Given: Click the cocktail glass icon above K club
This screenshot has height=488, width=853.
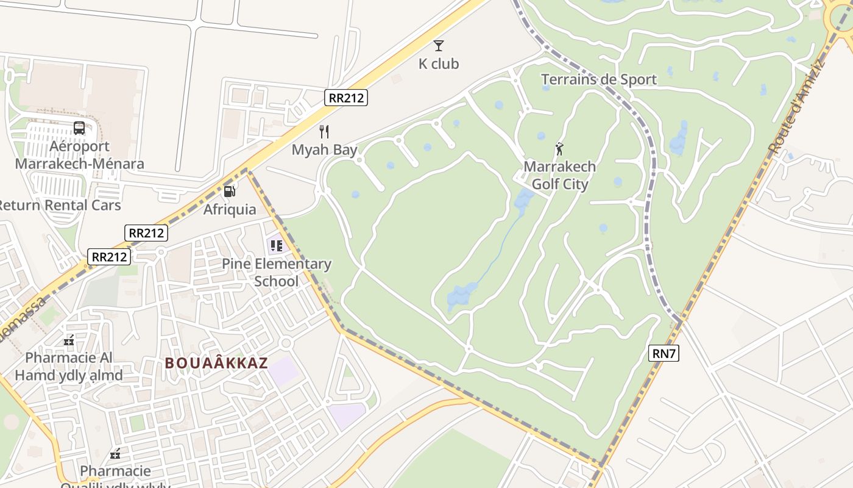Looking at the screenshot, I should click(438, 45).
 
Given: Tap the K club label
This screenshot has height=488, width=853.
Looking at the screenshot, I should click(438, 64).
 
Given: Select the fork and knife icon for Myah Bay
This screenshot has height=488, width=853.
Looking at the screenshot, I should click(324, 132).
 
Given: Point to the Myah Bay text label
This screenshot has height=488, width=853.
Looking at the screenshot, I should click(324, 150).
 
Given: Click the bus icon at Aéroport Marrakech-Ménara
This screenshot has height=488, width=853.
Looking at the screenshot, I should click(79, 128).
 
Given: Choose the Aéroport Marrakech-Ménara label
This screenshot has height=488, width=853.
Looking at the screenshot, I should click(79, 155).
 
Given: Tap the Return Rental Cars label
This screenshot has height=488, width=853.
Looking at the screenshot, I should click(60, 205).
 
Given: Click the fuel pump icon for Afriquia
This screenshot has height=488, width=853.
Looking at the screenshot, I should click(230, 192).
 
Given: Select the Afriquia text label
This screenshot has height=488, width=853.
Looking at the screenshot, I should click(230, 210).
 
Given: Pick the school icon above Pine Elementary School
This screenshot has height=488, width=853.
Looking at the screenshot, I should click(277, 246).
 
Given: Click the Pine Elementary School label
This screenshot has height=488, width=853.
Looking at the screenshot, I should click(277, 273).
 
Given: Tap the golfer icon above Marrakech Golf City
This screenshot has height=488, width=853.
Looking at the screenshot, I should click(559, 148).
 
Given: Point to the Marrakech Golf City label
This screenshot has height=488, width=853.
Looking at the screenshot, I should click(559, 175).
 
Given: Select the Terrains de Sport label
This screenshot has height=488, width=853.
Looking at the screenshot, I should click(598, 79).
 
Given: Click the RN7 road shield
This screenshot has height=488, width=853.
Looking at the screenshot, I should click(664, 353).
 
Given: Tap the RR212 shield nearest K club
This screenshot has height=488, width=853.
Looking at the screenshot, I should click(346, 98).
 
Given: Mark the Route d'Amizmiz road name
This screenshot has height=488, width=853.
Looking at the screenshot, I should click(796, 107).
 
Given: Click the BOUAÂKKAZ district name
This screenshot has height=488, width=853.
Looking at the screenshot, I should click(216, 363).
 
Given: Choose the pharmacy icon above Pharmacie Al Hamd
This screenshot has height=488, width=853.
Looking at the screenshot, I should click(69, 340).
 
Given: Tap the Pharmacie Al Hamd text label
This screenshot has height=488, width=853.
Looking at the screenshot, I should click(69, 366).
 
